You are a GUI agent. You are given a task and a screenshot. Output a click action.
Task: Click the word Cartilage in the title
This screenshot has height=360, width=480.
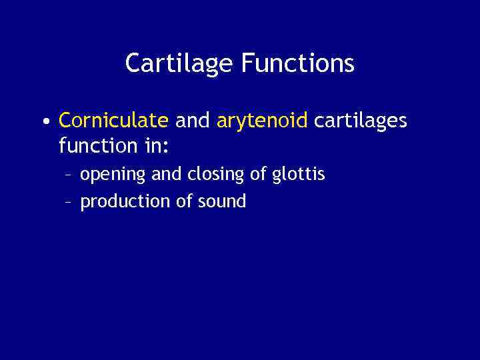click(179, 64)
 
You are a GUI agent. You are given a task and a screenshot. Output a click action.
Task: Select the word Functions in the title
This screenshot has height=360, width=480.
click(298, 64)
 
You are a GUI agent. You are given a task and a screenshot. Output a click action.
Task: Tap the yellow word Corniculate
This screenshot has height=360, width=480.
click(113, 121)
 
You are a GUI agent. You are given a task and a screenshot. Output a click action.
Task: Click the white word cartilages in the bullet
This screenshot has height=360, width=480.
click(360, 121)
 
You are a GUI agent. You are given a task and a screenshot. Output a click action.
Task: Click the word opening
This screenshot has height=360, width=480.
click(113, 175)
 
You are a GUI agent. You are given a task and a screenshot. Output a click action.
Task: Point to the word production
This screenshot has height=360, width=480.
click(125, 201)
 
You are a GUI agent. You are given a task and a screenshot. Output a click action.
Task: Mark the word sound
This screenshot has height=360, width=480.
click(222, 201)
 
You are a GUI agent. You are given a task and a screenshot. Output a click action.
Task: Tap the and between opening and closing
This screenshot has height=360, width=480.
click(166, 175)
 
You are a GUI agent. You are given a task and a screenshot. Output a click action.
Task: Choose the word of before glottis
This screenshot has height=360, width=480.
click(259, 175)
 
